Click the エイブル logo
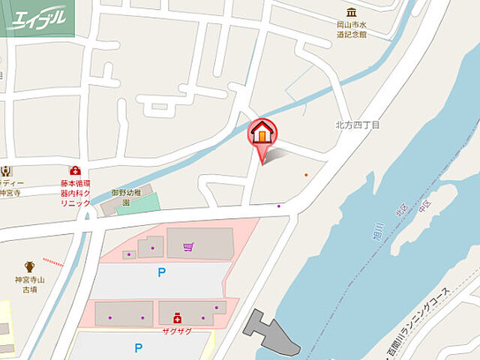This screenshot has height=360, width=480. tap(37, 18)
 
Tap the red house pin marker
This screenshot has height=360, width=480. tap(262, 134)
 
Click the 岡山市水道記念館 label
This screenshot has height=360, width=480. tap(351, 28)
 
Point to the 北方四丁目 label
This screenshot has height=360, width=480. tap(357, 124)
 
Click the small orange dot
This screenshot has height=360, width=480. tap(306, 175)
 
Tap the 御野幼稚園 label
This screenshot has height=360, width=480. tap(126, 197)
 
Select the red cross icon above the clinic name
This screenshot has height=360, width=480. tap(75, 171)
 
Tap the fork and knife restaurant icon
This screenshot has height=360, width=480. tap(6, 171)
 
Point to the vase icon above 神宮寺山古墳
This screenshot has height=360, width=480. tap(29, 266)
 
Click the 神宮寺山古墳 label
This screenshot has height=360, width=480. tap(29, 285)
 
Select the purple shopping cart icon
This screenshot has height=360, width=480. tap(187, 246)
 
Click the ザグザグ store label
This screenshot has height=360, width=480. tap(177, 331)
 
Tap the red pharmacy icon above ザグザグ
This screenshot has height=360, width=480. tap(177, 317)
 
